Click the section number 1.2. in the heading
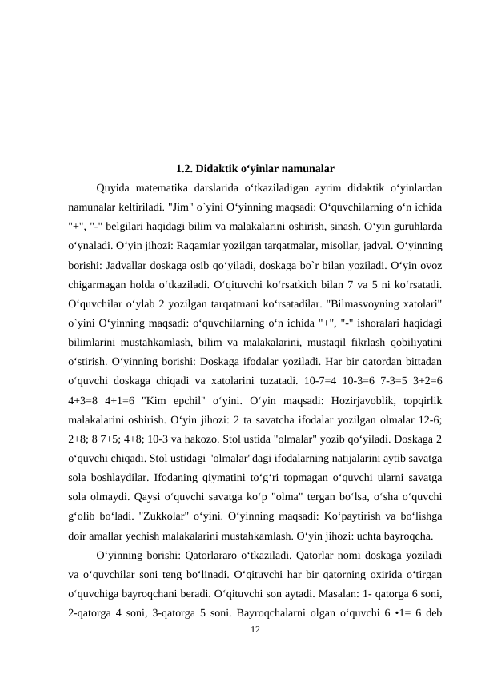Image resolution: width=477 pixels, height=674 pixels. click(184, 169)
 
